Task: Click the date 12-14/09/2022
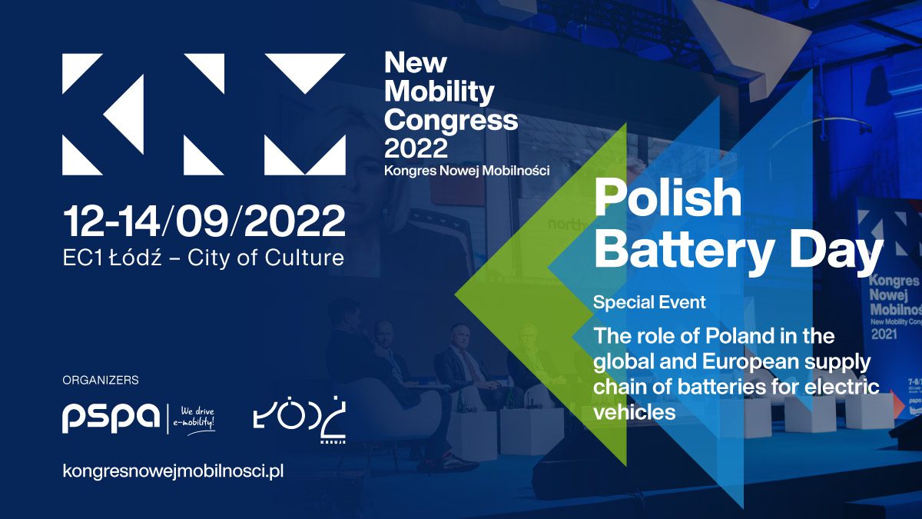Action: coord(204,221)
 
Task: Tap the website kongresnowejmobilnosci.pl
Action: coord(173,471)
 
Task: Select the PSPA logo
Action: coord(111,418)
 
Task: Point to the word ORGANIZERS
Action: coord(101,380)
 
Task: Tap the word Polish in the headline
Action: coord(668,198)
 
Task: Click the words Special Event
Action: coord(649,302)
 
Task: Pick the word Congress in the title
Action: coord(451,119)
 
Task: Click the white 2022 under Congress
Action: coord(416,146)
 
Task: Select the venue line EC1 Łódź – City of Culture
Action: coord(204,258)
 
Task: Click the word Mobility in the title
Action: coord(439,91)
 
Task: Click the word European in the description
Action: coord(747,361)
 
